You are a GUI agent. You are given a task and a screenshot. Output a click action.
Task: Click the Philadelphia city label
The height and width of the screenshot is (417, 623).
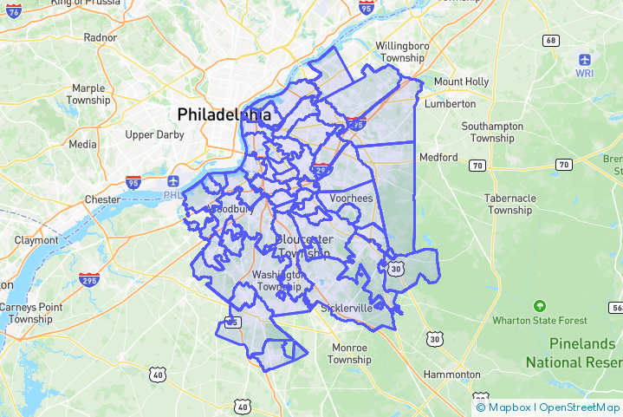click(x=224, y=114)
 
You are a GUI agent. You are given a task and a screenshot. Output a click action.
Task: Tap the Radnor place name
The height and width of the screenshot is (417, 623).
click(x=100, y=37)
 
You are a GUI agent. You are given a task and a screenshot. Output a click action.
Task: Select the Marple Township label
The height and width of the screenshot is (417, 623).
click(x=88, y=94)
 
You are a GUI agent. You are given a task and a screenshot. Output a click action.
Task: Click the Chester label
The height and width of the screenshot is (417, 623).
click(x=102, y=199)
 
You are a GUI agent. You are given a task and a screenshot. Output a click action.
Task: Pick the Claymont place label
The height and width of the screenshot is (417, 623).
click(x=36, y=240)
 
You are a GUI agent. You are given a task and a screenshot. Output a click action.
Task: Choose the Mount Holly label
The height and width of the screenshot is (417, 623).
click(x=461, y=81)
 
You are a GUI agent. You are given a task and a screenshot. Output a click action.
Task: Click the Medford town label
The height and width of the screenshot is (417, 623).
click(x=438, y=157)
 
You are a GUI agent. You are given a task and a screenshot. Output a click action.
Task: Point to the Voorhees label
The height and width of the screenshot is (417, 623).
click(x=350, y=199)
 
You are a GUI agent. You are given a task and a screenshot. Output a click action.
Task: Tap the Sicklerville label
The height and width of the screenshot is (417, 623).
click(x=346, y=308)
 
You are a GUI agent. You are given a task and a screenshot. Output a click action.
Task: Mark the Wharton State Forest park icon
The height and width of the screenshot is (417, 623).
click(x=540, y=306)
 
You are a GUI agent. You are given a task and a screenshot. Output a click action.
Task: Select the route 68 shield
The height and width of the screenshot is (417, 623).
click(x=551, y=41)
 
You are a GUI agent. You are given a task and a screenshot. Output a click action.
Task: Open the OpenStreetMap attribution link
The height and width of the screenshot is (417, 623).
click(x=579, y=407)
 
